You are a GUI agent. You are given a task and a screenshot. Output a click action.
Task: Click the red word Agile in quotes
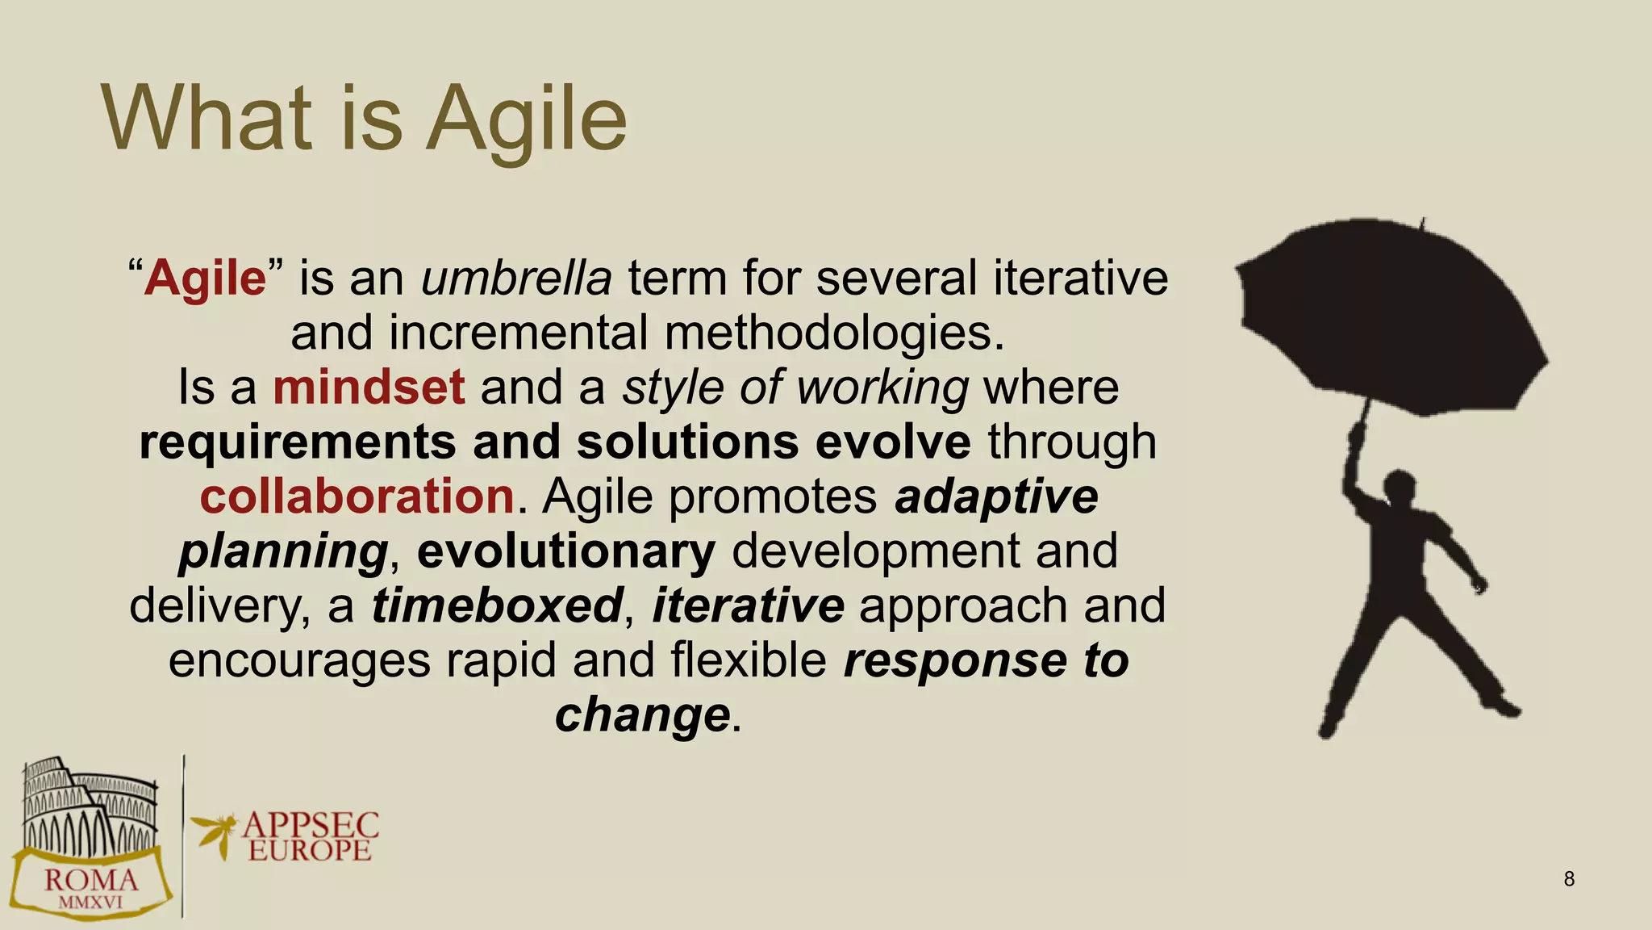coord(205,279)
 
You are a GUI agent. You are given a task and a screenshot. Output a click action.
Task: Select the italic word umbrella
coord(516,279)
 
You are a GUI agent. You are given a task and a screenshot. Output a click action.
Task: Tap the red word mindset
coord(369,387)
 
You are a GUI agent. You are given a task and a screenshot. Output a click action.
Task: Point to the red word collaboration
coord(357,496)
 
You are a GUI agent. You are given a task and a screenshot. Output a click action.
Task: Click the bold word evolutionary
coord(566,551)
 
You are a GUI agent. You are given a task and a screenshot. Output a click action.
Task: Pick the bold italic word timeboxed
coord(497,605)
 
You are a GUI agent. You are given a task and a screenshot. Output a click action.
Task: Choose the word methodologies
coord(834,333)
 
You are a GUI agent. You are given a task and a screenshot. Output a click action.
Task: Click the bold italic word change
coord(642,715)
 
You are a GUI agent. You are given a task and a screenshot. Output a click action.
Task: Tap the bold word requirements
coord(298,442)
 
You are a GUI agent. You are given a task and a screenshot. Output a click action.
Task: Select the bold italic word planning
coord(283,551)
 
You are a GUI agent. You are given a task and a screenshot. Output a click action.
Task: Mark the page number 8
coord(1569,879)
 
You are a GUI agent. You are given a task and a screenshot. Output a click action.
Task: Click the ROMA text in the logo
coord(90,881)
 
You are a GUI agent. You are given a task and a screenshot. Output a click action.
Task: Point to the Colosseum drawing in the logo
coord(89,807)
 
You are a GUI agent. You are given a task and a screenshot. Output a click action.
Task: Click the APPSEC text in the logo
coord(311,826)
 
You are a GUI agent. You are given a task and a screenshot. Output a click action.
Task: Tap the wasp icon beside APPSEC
coord(215,833)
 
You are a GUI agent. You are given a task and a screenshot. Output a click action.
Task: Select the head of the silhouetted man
coord(1400,488)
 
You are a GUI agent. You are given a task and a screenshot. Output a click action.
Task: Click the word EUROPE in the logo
coord(310,851)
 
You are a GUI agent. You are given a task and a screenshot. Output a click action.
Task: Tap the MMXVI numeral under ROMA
coord(90,903)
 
